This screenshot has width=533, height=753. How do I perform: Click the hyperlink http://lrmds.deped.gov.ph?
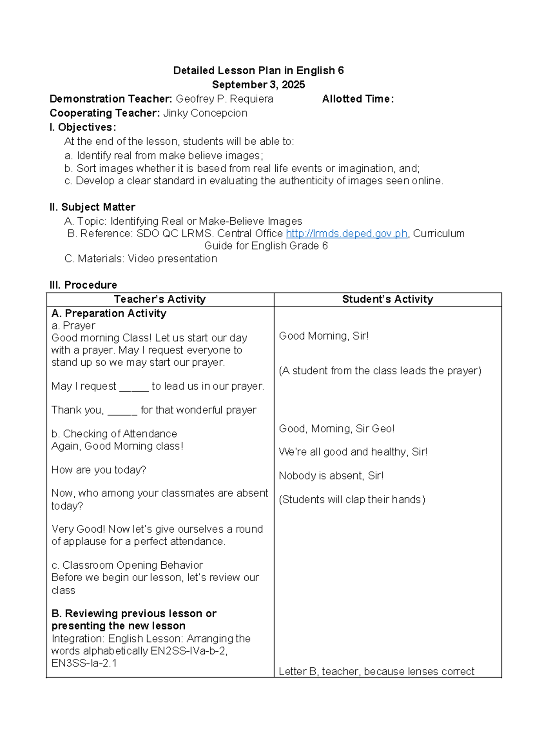coord(346,234)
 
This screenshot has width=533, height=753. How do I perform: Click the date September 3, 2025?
coord(259,85)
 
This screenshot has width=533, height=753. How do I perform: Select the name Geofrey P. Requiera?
coord(224,99)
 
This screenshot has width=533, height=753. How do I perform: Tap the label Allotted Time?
coord(358,99)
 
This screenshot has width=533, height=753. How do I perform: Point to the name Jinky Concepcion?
coord(205,113)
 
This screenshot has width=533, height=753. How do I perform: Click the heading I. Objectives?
coord(83,127)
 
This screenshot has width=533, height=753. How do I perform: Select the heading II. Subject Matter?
coord(92,207)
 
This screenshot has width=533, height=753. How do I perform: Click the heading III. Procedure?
coord(84,285)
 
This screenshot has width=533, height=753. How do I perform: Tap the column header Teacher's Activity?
coord(160,299)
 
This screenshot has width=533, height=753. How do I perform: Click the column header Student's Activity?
coord(387,299)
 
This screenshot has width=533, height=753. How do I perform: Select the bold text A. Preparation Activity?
coord(109,313)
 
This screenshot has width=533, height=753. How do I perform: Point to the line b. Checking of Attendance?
coord(114,434)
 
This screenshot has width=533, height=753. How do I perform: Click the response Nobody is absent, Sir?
coord(331,476)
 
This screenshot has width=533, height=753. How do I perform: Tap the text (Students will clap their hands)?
coord(352,500)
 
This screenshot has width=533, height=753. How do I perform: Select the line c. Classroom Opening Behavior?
coord(127,565)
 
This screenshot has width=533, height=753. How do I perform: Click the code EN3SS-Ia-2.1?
coord(84,663)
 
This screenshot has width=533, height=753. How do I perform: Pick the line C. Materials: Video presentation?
coord(141,259)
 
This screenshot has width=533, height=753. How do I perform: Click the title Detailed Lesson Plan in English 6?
coord(259,71)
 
